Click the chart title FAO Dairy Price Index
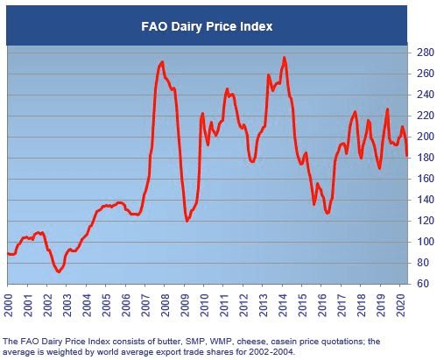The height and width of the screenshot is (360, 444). pyautogui.click(x=208, y=26)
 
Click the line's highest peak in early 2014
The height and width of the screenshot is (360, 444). pyautogui.click(x=284, y=58)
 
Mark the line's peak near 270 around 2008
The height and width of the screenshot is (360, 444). pyautogui.click(x=162, y=62)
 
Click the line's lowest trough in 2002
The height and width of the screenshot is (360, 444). pyautogui.click(x=59, y=272)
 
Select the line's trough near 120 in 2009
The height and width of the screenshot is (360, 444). pyautogui.click(x=187, y=221)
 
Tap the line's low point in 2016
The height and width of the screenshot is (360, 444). pyautogui.click(x=328, y=212)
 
